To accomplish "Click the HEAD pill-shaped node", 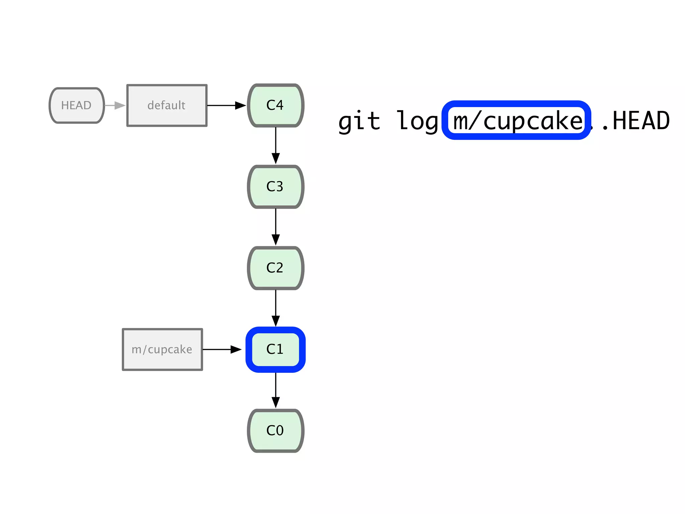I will pyautogui.click(x=77, y=105).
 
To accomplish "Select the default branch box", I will pyautogui.click(x=167, y=105).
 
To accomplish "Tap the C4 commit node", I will pyautogui.click(x=275, y=105).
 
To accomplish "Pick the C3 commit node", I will pyautogui.click(x=275, y=187).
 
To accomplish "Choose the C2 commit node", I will pyautogui.click(x=275, y=268).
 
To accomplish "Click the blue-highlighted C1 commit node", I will pyautogui.click(x=275, y=349).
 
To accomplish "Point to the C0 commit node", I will pyautogui.click(x=275, y=431).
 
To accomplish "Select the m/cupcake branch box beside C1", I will pyautogui.click(x=162, y=349).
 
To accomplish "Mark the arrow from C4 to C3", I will pyautogui.click(x=276, y=146).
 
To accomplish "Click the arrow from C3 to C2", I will pyautogui.click(x=276, y=227).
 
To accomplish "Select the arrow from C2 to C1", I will pyautogui.click(x=276, y=308).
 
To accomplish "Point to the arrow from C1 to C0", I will pyautogui.click(x=276, y=390).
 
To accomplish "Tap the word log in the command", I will pyautogui.click(x=417, y=121).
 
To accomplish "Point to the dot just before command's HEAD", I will pyautogui.click(x=605, y=127).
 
